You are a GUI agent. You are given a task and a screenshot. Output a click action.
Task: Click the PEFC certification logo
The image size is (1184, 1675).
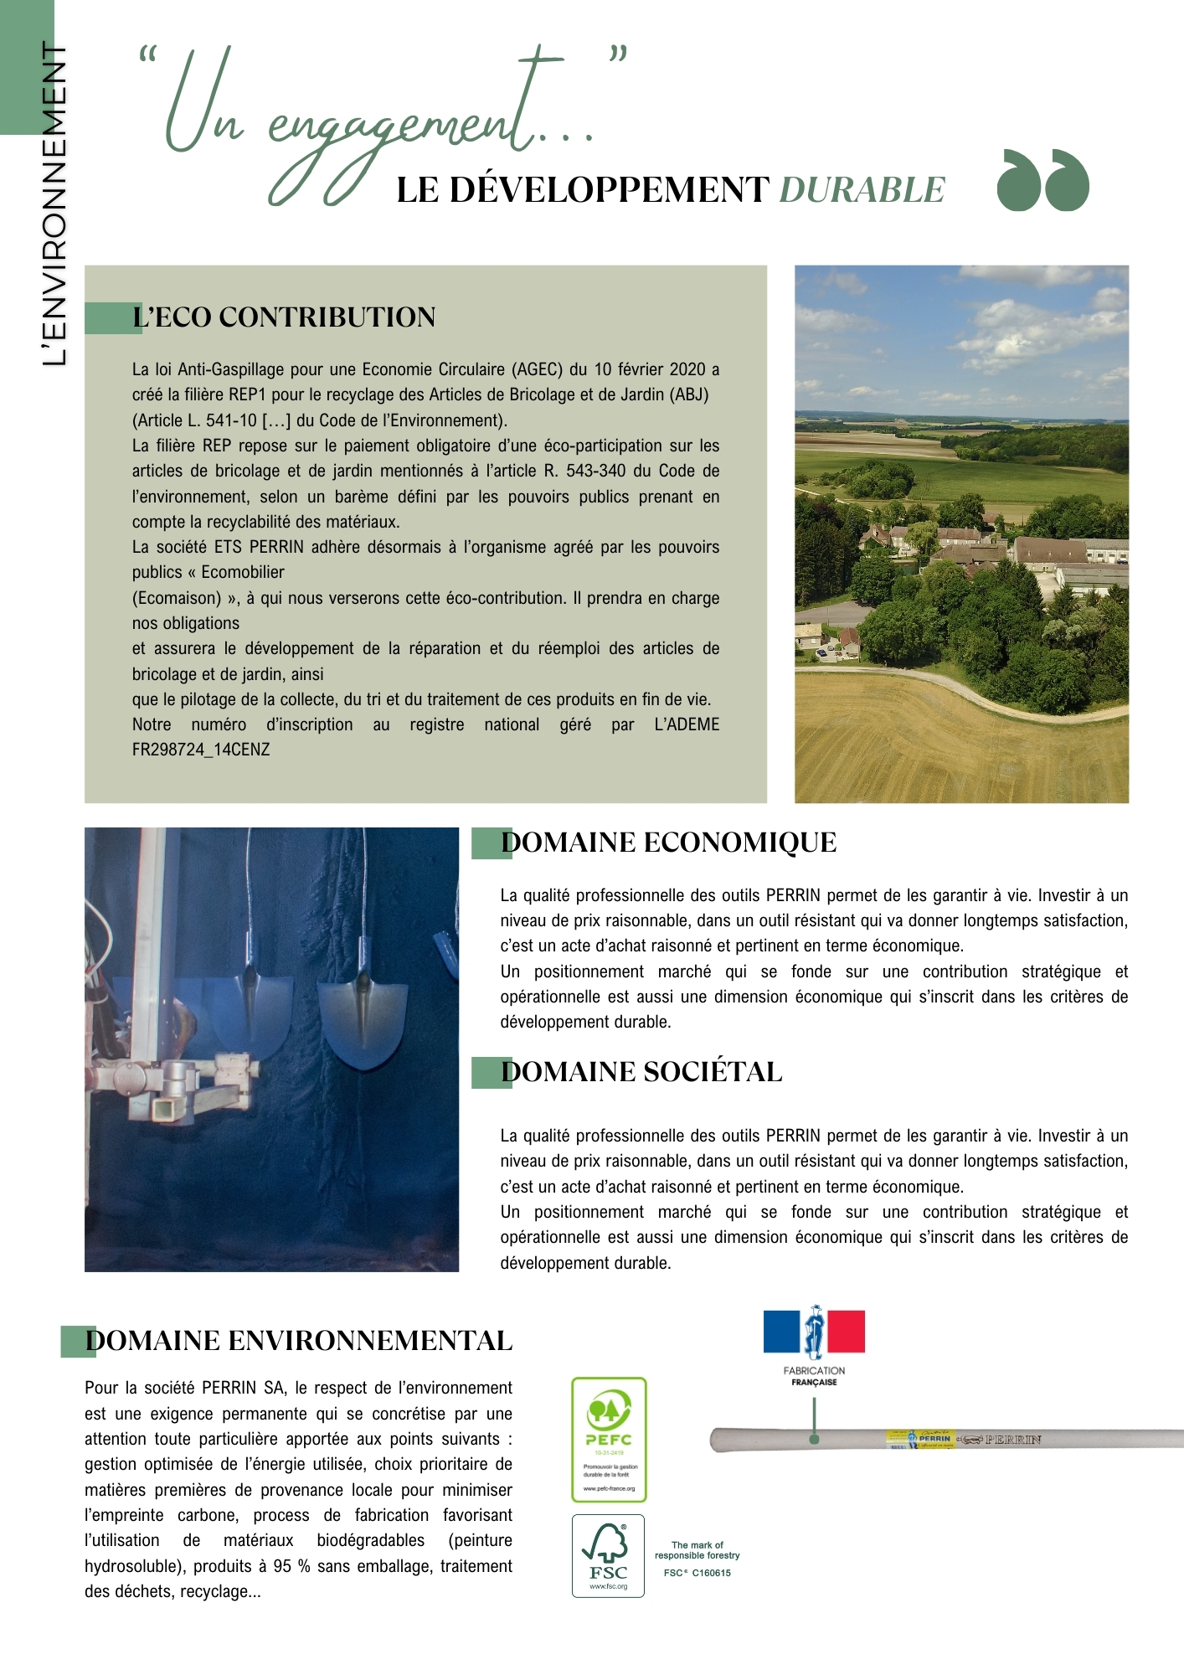coord(609,1439)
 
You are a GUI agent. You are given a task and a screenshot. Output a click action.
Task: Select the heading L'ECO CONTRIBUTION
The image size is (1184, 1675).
coord(284,317)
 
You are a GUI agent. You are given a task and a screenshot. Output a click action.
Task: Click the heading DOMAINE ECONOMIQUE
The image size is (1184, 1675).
coord(668,843)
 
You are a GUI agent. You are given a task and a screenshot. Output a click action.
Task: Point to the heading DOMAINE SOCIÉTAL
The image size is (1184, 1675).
coord(641,1072)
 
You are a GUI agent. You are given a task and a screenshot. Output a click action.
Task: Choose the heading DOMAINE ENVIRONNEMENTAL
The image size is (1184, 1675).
coord(299,1341)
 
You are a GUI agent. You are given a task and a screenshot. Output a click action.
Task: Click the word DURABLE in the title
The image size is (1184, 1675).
coord(862,190)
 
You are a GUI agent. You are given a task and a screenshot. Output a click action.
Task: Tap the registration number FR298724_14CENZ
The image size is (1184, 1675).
coord(201,750)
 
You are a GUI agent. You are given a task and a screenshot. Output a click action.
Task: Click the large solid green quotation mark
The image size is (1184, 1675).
coord(1042,180)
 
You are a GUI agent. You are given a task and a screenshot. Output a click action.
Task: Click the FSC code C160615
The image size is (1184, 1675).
coord(709,1573)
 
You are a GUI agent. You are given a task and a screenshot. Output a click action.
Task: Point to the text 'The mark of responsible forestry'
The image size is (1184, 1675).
coord(697,1550)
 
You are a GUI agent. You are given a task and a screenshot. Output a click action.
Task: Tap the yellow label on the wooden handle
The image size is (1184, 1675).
coord(920,1439)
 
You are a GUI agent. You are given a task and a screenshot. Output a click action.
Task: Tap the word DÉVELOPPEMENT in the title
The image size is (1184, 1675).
coord(609,190)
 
